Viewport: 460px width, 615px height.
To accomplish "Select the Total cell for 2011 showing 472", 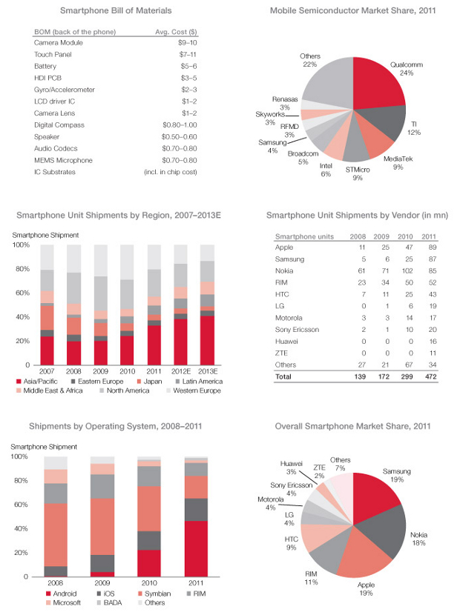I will [428, 376].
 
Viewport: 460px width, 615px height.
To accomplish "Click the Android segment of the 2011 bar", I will [196, 548].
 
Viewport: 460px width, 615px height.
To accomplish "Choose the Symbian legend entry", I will [155, 593].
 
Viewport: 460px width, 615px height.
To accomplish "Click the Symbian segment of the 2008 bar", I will [56, 534].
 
